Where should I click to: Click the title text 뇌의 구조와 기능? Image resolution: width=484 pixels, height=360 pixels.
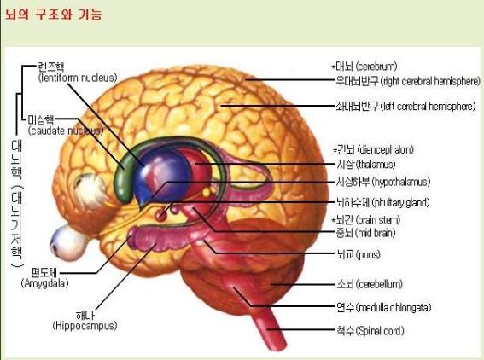pyautogui.click(x=53, y=15)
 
